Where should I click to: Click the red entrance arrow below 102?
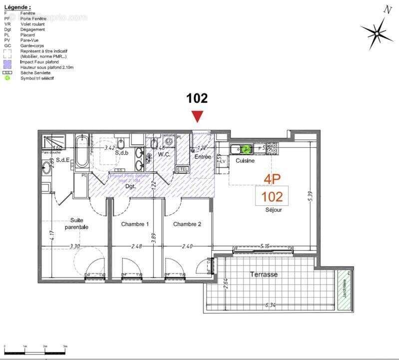click(198, 116)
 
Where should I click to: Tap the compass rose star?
click(377, 33)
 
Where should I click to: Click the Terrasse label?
click(264, 274)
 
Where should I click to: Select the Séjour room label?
click(273, 210)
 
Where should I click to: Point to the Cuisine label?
click(245, 161)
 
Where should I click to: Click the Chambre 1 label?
click(135, 224)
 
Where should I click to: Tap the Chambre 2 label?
click(187, 224)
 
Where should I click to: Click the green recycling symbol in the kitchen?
click(246, 148)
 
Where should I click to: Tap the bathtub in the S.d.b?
click(81, 151)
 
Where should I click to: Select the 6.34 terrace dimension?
click(271, 304)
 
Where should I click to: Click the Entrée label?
click(203, 157)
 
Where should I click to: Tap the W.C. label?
click(165, 154)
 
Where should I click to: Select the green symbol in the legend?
click(7, 78)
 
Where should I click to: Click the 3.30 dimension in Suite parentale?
click(74, 246)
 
